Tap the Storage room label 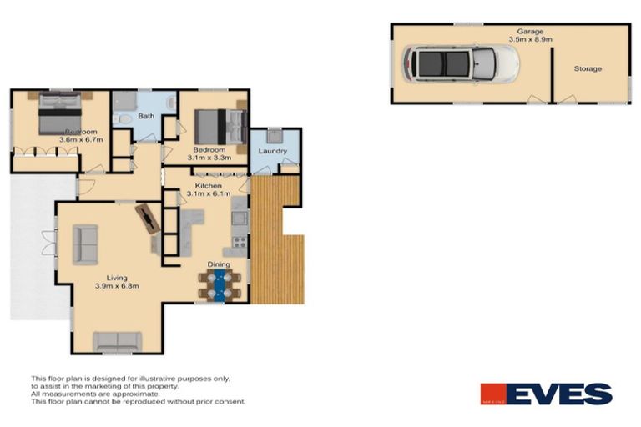[x=587, y=68]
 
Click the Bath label [x=145, y=117]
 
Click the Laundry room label [x=273, y=151]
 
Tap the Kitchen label [x=208, y=185]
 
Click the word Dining [x=219, y=264]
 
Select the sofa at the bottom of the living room [x=116, y=340]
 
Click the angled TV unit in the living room [x=149, y=219]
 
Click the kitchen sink [x=237, y=219]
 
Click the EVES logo [x=546, y=394]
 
